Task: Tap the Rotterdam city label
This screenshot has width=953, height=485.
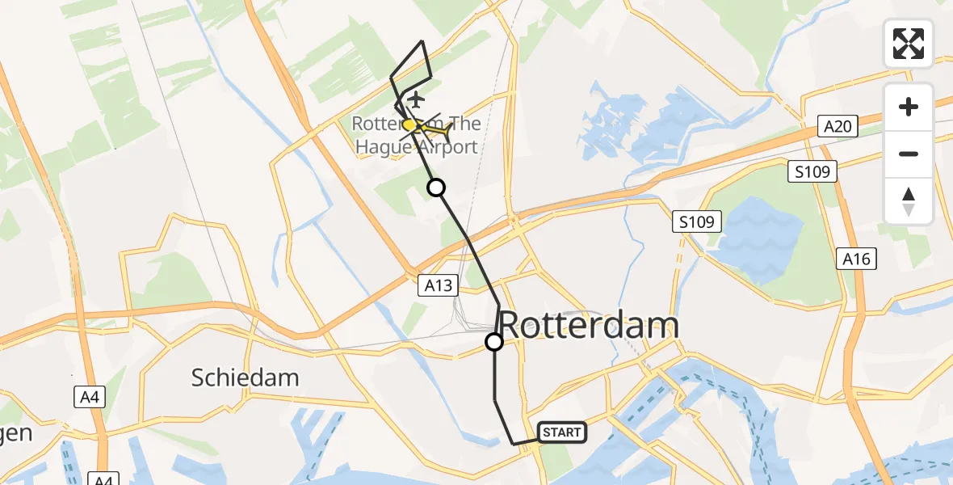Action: pyautogui.click(x=589, y=325)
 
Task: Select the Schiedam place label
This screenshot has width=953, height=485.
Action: pyautogui.click(x=245, y=377)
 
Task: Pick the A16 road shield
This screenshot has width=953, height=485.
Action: pyautogui.click(x=857, y=259)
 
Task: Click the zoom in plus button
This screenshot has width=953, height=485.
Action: pyautogui.click(x=909, y=107)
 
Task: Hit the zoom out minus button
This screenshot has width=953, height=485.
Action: pyautogui.click(x=909, y=154)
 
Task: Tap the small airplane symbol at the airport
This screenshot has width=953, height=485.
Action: pyautogui.click(x=416, y=99)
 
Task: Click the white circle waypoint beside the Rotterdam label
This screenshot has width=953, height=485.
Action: pyautogui.click(x=494, y=342)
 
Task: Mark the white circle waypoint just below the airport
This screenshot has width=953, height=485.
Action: pyautogui.click(x=436, y=188)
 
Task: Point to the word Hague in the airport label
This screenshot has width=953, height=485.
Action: pyautogui.click(x=386, y=147)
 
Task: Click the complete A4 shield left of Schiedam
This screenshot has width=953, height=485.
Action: pyautogui.click(x=87, y=397)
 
